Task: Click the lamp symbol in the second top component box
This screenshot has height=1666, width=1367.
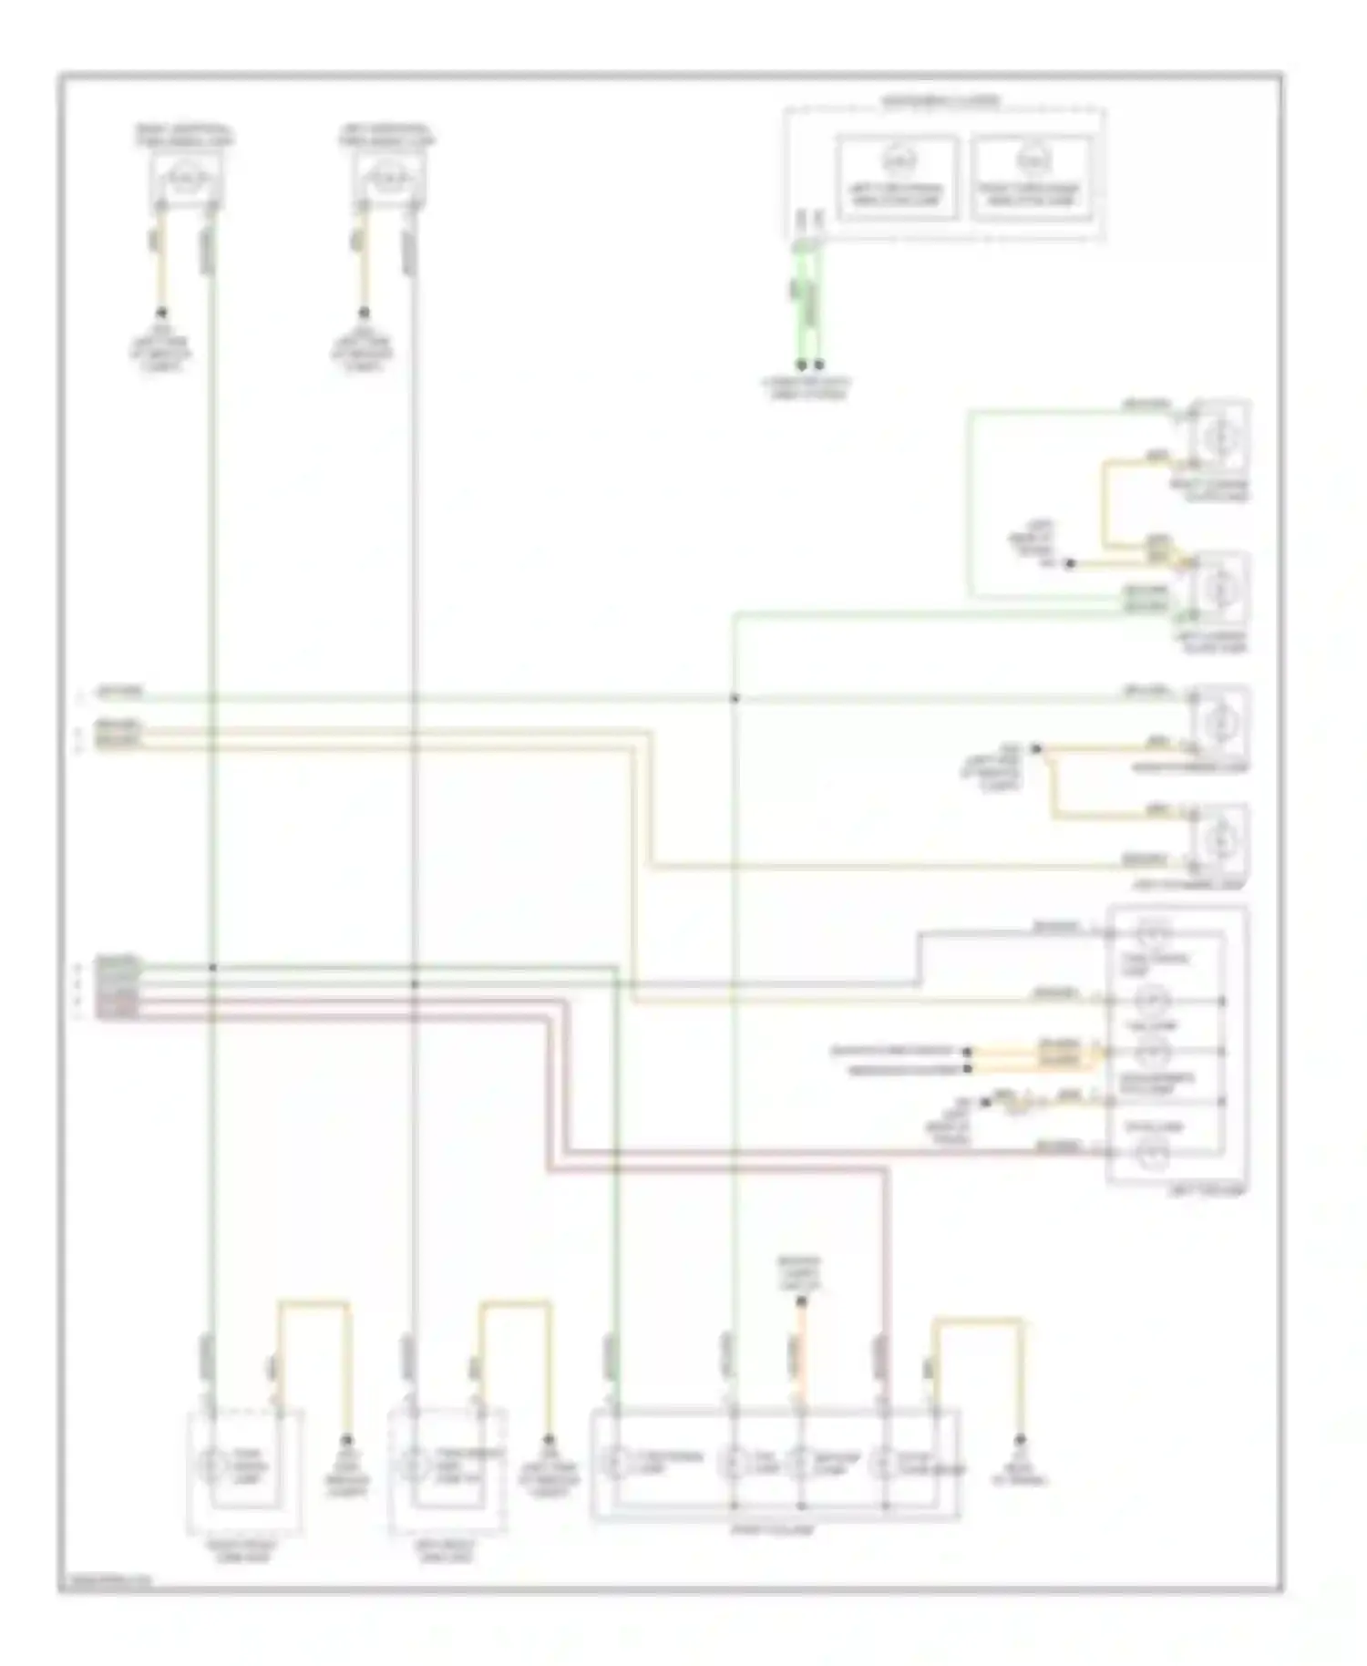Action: point(387,174)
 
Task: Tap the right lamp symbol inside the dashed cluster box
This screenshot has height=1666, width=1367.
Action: point(1032,161)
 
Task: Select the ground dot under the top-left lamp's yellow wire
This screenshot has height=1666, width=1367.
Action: point(162,313)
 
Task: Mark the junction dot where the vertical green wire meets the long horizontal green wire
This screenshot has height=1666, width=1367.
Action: point(735,699)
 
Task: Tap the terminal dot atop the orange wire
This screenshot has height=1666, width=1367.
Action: point(801,1302)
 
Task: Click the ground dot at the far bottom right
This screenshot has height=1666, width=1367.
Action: point(1020,1439)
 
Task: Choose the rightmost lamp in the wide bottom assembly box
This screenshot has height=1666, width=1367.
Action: point(883,1465)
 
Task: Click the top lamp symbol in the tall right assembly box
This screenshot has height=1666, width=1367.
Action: point(1152,932)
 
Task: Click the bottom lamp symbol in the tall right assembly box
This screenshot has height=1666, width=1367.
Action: point(1152,1155)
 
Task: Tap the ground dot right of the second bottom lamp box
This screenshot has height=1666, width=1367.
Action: point(550,1439)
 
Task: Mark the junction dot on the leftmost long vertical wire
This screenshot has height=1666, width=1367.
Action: point(212,967)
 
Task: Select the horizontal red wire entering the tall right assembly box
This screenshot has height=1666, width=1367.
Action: point(1002,1154)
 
